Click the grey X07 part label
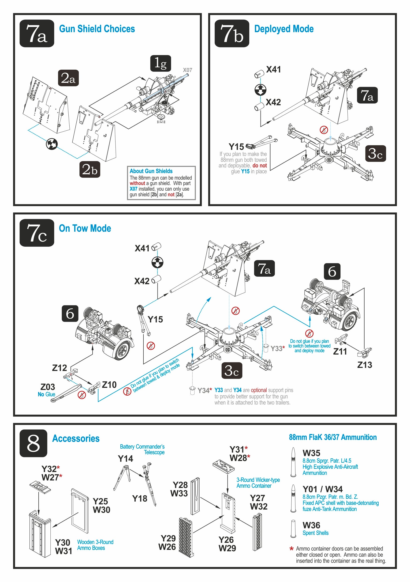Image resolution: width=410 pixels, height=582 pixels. click(x=187, y=70)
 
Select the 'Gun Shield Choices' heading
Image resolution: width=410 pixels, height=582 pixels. click(x=97, y=29)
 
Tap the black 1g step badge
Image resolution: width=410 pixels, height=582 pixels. click(x=160, y=63)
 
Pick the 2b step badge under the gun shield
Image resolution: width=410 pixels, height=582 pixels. click(x=90, y=169)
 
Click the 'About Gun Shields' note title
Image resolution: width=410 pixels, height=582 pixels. click(x=151, y=171)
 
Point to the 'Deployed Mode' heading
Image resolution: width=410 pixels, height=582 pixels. click(x=284, y=29)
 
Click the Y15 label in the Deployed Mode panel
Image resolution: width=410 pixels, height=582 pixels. click(x=236, y=147)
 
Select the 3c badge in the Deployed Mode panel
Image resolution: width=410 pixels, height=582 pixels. click(x=376, y=154)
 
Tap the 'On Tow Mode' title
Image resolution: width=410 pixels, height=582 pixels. click(x=85, y=228)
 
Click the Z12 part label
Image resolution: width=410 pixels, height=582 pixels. click(x=60, y=368)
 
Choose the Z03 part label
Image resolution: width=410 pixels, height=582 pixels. click(x=48, y=387)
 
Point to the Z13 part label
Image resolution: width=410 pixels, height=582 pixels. click(x=365, y=365)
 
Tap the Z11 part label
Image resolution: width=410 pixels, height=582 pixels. click(x=340, y=351)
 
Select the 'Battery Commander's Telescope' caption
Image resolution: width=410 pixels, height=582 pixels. click(x=142, y=450)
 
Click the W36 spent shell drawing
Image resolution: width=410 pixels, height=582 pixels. click(x=293, y=529)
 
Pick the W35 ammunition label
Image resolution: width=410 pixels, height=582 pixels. click(x=312, y=453)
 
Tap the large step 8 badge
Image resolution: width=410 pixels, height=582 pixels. click(x=34, y=443)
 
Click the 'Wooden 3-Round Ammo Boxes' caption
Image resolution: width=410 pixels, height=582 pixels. click(x=95, y=545)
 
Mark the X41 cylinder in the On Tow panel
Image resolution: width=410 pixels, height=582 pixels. click(x=156, y=247)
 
